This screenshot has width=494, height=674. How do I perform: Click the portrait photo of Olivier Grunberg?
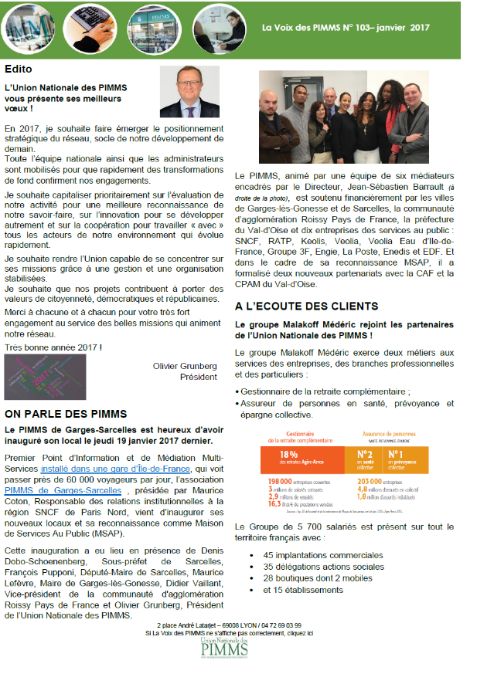(189, 91)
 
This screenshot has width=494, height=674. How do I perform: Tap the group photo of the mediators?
(343, 115)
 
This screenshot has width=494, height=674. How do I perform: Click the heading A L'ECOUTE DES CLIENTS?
(306, 307)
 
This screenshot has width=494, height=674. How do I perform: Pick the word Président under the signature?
(198, 378)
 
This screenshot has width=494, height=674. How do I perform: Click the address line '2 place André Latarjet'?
(229, 625)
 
